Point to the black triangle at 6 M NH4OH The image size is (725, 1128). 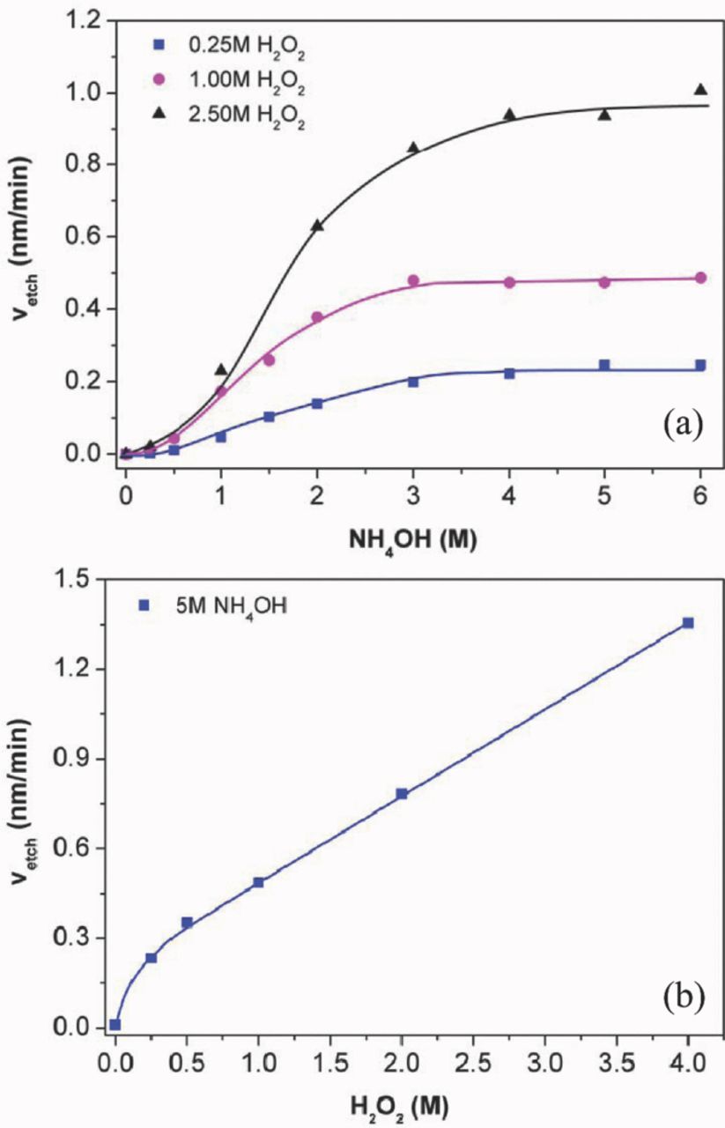(x=700, y=89)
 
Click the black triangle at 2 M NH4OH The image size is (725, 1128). (x=317, y=225)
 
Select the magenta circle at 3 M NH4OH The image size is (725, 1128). (x=413, y=280)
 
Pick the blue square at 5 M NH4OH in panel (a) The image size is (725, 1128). (x=604, y=365)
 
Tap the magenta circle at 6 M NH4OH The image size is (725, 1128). (x=700, y=278)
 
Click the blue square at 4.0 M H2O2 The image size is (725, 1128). (x=688, y=623)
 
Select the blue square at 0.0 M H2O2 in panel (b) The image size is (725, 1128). (x=115, y=1024)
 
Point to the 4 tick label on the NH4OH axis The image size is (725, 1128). (x=509, y=489)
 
